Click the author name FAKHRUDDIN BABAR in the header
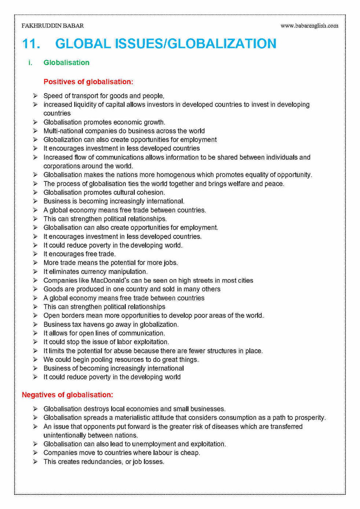tap(52, 26)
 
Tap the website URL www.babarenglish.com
tap(309, 26)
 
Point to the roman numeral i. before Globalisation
tap(30, 63)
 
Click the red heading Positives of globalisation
tap(88, 82)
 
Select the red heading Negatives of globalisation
tap(67, 395)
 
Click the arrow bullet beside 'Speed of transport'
tap(35, 96)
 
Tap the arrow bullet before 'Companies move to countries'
tap(35, 453)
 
